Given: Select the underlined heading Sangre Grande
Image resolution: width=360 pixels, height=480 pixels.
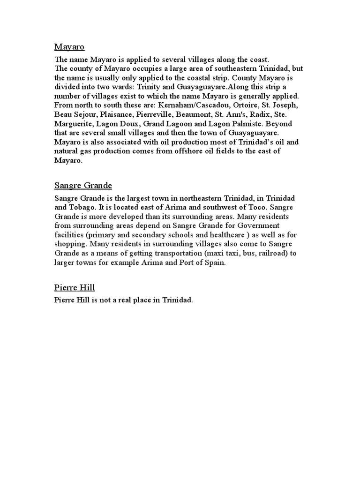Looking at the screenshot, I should point(83,186).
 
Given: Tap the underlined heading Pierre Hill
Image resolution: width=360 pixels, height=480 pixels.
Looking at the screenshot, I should point(75,287).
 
